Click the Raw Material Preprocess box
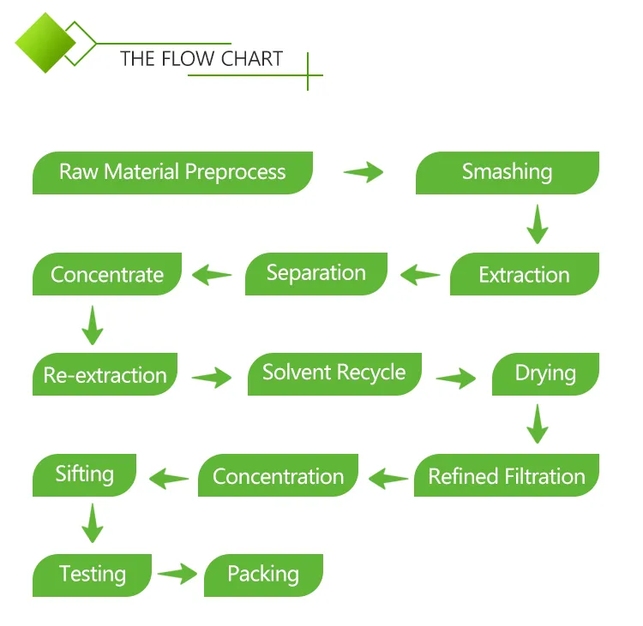click(x=172, y=172)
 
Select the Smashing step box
click(x=507, y=172)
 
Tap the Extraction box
click(x=524, y=275)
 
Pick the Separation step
click(x=315, y=274)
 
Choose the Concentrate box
click(x=107, y=275)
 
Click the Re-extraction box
click(x=105, y=375)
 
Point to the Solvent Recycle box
click(x=334, y=373)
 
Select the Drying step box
click(x=545, y=373)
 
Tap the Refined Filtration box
click(x=506, y=476)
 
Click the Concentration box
click(x=278, y=476)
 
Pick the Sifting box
click(x=84, y=474)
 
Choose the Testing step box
click(x=92, y=575)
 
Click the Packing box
click(x=262, y=574)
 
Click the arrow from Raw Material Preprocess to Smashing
click(x=364, y=172)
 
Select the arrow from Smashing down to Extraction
click(x=538, y=224)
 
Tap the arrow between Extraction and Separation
click(x=420, y=275)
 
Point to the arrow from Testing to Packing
click(x=177, y=574)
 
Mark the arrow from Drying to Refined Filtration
click(x=538, y=424)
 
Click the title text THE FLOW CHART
click(x=201, y=59)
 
